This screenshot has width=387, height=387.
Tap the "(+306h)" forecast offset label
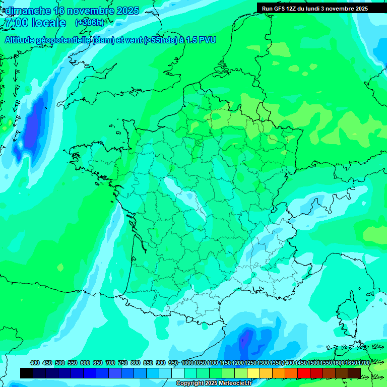click(90, 23)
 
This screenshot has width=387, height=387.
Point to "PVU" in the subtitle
click(207, 40)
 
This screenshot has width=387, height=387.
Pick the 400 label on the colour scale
click(35, 363)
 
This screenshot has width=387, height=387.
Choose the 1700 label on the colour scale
click(351, 363)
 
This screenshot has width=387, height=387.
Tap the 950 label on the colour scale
click(174, 363)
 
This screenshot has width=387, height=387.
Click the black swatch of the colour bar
click(27, 373)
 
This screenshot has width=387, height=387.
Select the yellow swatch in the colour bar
click(253, 373)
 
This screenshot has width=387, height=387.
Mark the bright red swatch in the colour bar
click(304, 373)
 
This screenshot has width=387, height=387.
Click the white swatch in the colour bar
click(178, 373)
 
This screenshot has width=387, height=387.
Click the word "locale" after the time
click(49, 23)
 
